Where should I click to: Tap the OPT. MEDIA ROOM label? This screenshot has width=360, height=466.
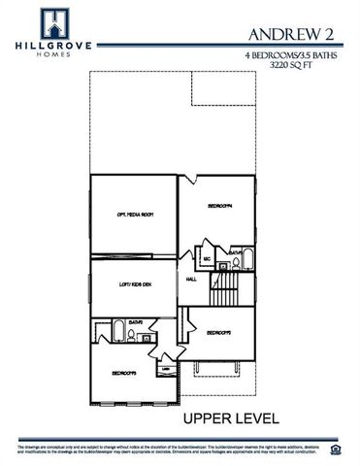pyautogui.click(x=136, y=215)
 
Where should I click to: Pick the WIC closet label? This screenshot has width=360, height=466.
pyautogui.click(x=207, y=259)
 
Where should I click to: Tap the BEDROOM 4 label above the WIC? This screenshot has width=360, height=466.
pyautogui.click(x=220, y=206)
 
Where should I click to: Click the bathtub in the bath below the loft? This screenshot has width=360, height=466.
pyautogui.click(x=116, y=334)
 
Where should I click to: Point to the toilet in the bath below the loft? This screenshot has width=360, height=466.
pyautogui.click(x=133, y=336)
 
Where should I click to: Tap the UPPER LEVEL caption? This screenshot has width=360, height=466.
pyautogui.click(x=232, y=418)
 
